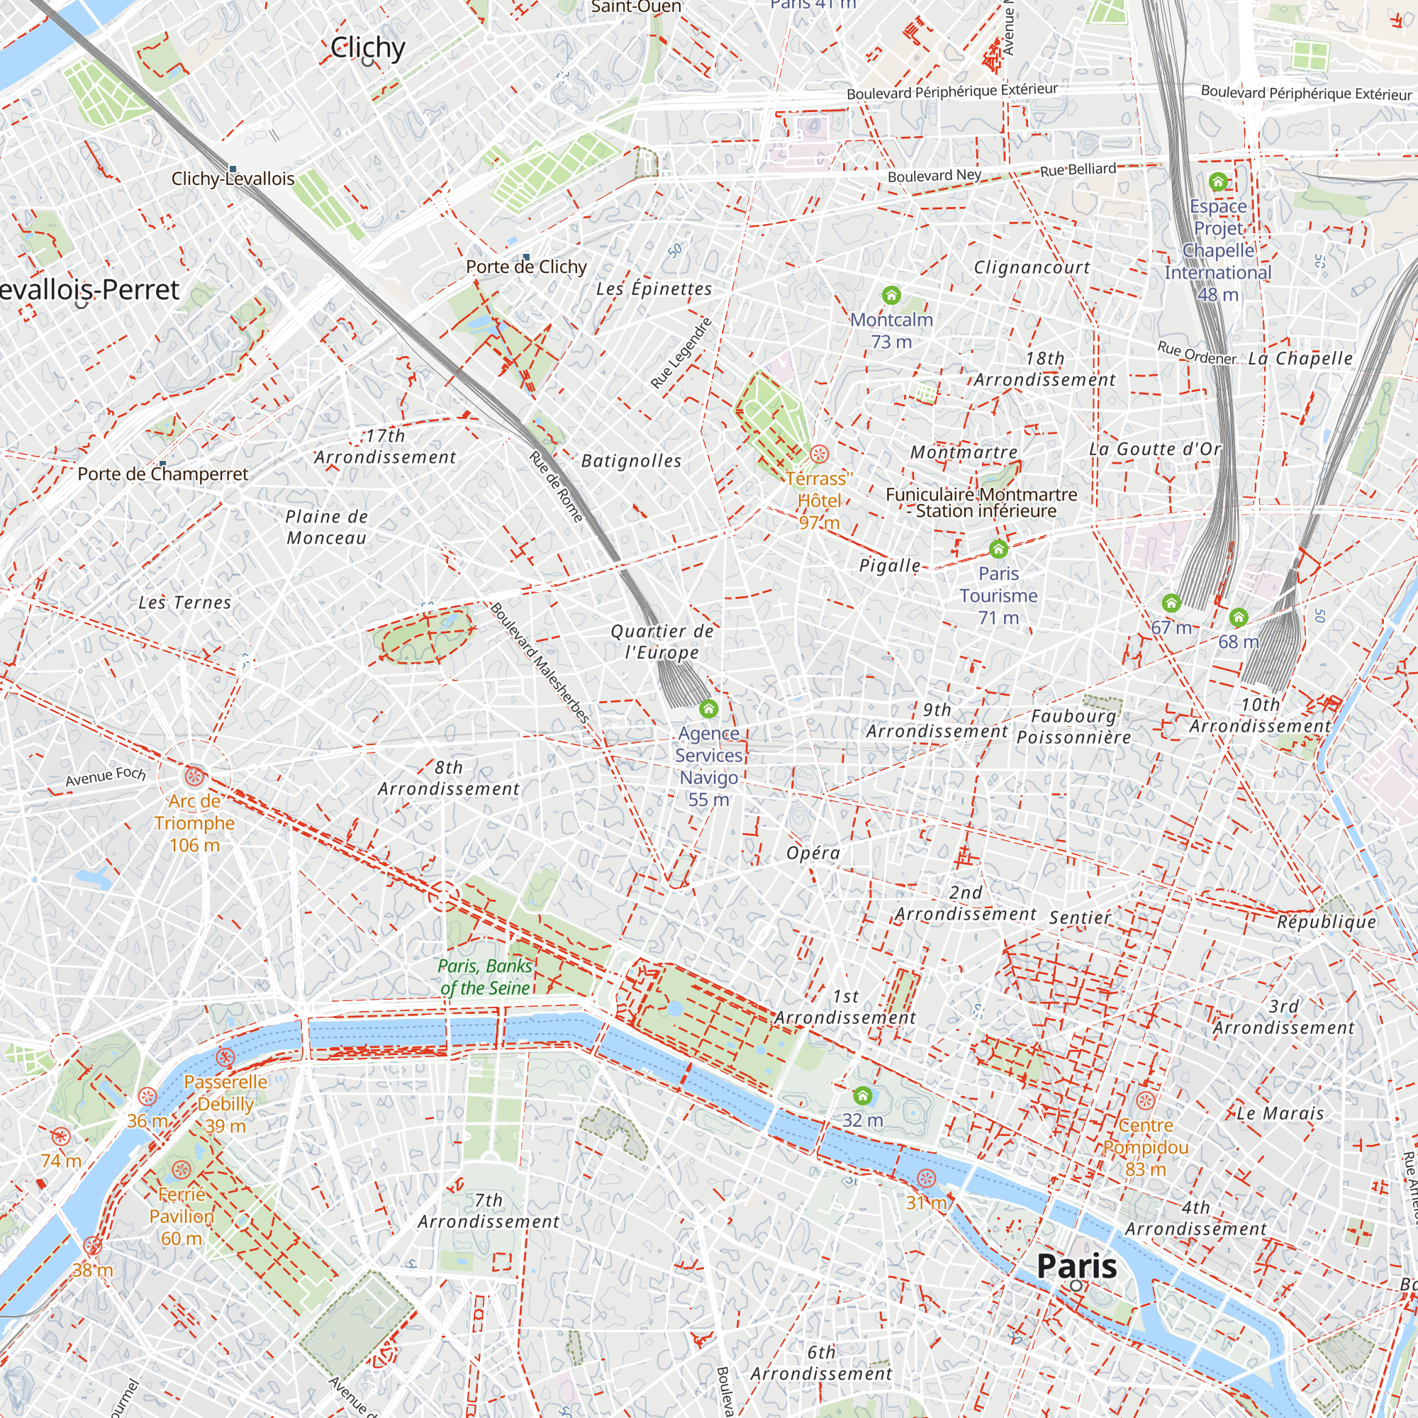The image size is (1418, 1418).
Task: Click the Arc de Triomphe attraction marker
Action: (194, 776)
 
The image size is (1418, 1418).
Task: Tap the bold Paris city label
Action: (1077, 1266)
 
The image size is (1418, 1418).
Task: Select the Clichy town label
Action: (367, 48)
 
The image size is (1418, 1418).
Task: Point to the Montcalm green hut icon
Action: (891, 295)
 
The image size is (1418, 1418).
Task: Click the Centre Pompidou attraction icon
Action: (1146, 1101)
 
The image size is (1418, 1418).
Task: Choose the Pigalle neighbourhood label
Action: (890, 565)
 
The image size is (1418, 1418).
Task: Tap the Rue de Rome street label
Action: (557, 486)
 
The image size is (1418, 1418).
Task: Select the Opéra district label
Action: (813, 853)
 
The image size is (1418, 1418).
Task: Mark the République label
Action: (1327, 922)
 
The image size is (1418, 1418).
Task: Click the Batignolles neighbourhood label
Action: (631, 461)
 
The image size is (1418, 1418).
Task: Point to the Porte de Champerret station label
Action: (163, 474)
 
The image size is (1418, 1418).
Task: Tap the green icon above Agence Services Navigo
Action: (708, 708)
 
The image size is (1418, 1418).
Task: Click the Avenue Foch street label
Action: (106, 776)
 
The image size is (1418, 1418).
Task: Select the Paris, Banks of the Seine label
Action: (485, 977)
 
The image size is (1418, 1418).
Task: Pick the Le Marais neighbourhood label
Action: (1280, 1113)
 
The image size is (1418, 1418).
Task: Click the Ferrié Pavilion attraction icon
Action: (182, 1170)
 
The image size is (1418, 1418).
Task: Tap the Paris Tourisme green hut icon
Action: (998, 548)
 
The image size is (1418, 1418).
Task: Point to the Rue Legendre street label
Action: (681, 353)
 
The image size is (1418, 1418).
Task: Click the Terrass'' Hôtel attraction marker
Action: (819, 454)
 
